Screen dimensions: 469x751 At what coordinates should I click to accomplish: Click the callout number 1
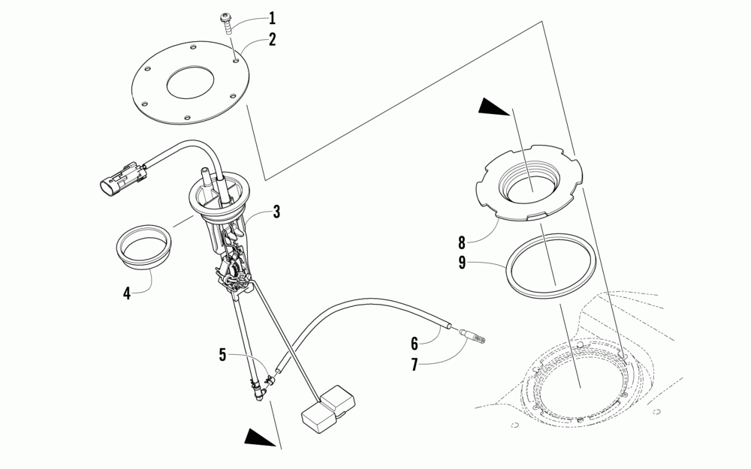click(273, 17)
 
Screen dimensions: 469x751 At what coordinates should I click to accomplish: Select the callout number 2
click(273, 39)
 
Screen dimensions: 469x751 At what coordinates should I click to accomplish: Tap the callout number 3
click(276, 212)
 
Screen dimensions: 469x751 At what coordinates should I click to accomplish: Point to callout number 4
click(127, 293)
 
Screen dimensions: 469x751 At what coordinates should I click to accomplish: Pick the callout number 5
click(222, 355)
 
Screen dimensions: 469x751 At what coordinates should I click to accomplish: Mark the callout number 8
click(462, 242)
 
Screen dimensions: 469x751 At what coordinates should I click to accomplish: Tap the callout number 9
click(462, 263)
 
